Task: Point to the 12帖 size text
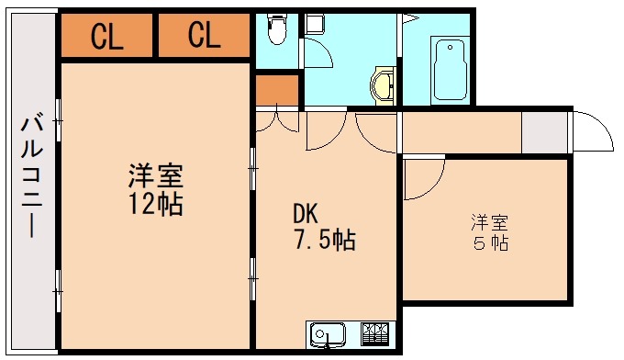point(155,203)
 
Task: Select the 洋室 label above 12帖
point(155,174)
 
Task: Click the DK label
point(306,213)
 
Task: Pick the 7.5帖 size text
point(325,241)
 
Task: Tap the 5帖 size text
point(491,244)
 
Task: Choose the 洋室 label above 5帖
point(491,221)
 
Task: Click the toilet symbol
point(275,33)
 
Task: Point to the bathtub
point(450,70)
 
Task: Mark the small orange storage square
point(277,90)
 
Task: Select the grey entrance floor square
point(544,134)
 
